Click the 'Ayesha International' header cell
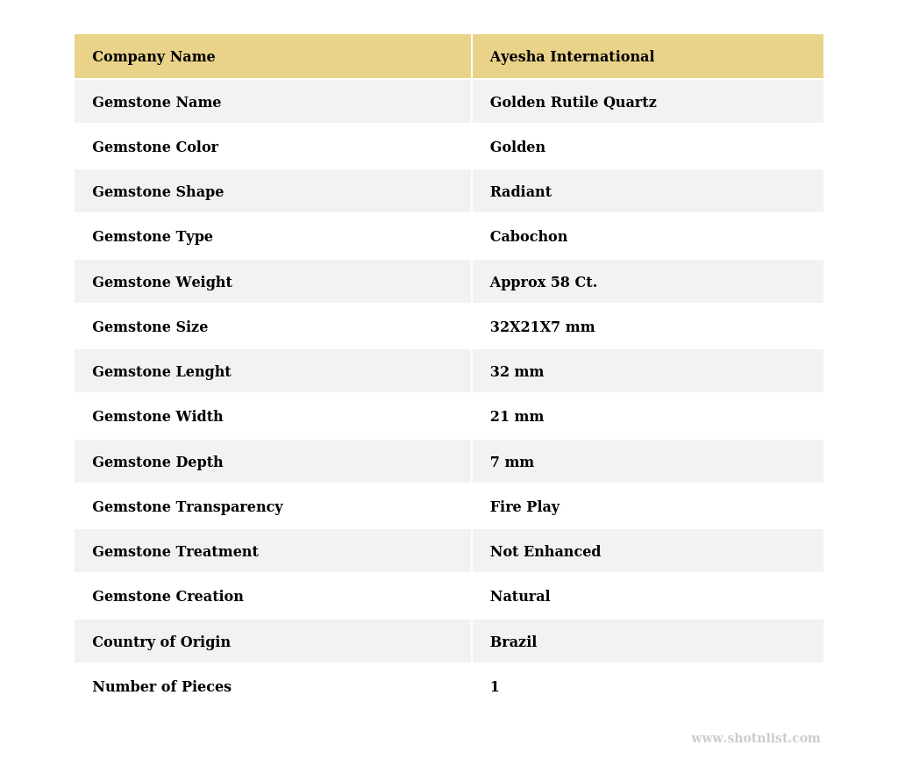click(x=572, y=57)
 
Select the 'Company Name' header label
click(x=153, y=57)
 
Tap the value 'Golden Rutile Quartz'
click(x=573, y=103)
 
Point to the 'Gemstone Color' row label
click(x=155, y=147)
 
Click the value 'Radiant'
click(x=520, y=192)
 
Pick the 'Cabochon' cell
click(x=528, y=237)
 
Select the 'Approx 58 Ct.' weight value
click(x=543, y=283)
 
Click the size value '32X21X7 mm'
click(x=542, y=327)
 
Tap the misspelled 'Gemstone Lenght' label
click(x=161, y=372)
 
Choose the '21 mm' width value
click(x=517, y=417)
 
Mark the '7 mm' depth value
click(x=511, y=462)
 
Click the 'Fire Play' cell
click(x=524, y=507)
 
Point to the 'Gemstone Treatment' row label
click(x=175, y=552)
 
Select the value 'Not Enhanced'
click(x=545, y=552)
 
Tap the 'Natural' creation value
click(x=519, y=597)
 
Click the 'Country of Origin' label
click(x=161, y=642)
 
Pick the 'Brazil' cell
click(x=513, y=642)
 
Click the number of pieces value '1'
click(x=495, y=687)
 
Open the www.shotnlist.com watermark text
click(x=755, y=739)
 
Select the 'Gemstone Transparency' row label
click(x=188, y=507)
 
